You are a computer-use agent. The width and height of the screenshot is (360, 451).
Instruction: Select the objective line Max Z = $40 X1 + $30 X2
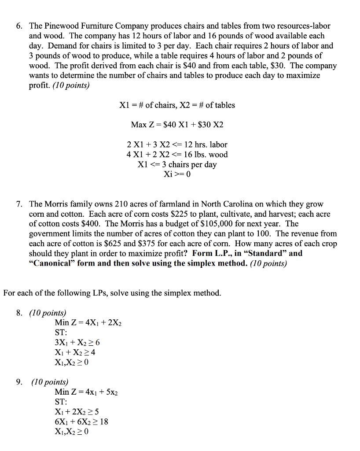177,125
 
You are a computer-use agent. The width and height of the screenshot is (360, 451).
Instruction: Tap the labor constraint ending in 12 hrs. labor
177,144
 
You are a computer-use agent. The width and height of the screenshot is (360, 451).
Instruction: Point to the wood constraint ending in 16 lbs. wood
177,155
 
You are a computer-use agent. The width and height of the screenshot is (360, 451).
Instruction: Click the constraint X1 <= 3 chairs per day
177,165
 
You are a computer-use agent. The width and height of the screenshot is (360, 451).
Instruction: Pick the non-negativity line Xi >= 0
177,174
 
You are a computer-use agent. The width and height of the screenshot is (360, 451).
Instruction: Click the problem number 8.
19,313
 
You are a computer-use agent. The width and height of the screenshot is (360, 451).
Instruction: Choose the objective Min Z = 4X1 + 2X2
88,323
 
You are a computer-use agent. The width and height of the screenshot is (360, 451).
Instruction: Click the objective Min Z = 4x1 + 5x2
86,392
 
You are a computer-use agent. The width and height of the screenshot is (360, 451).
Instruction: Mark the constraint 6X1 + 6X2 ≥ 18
81,421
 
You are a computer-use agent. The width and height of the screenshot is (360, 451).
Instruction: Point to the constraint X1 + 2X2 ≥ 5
77,412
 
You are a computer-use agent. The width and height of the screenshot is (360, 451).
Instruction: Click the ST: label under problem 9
61,402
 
